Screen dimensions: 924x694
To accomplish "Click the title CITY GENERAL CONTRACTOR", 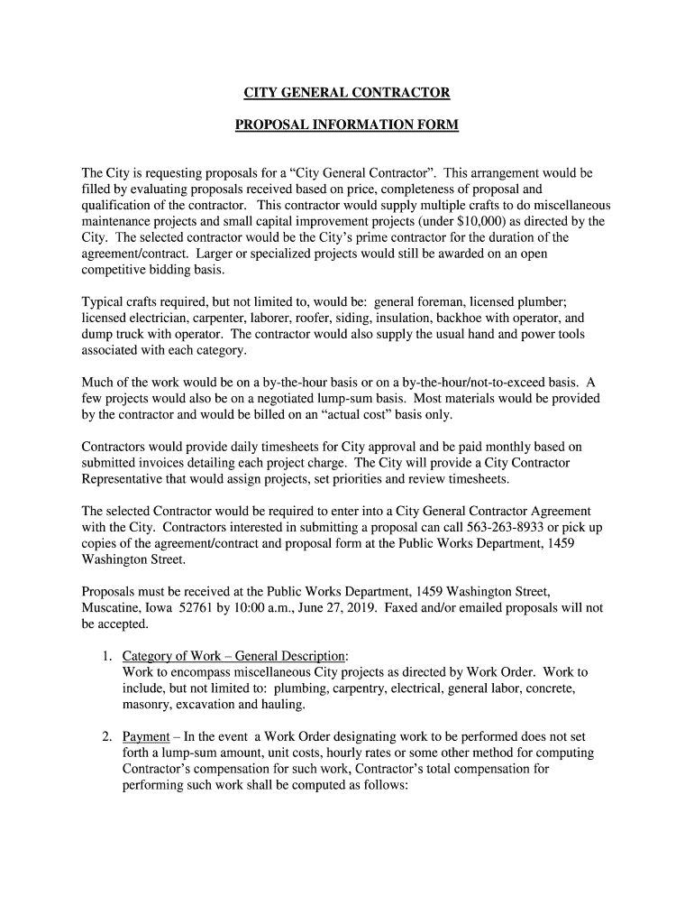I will click(x=347, y=93).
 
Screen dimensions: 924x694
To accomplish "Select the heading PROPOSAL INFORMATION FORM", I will click(x=347, y=125).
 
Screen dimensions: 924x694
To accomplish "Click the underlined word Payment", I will click(x=146, y=736).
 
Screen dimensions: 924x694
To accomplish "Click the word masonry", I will click(x=148, y=704).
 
